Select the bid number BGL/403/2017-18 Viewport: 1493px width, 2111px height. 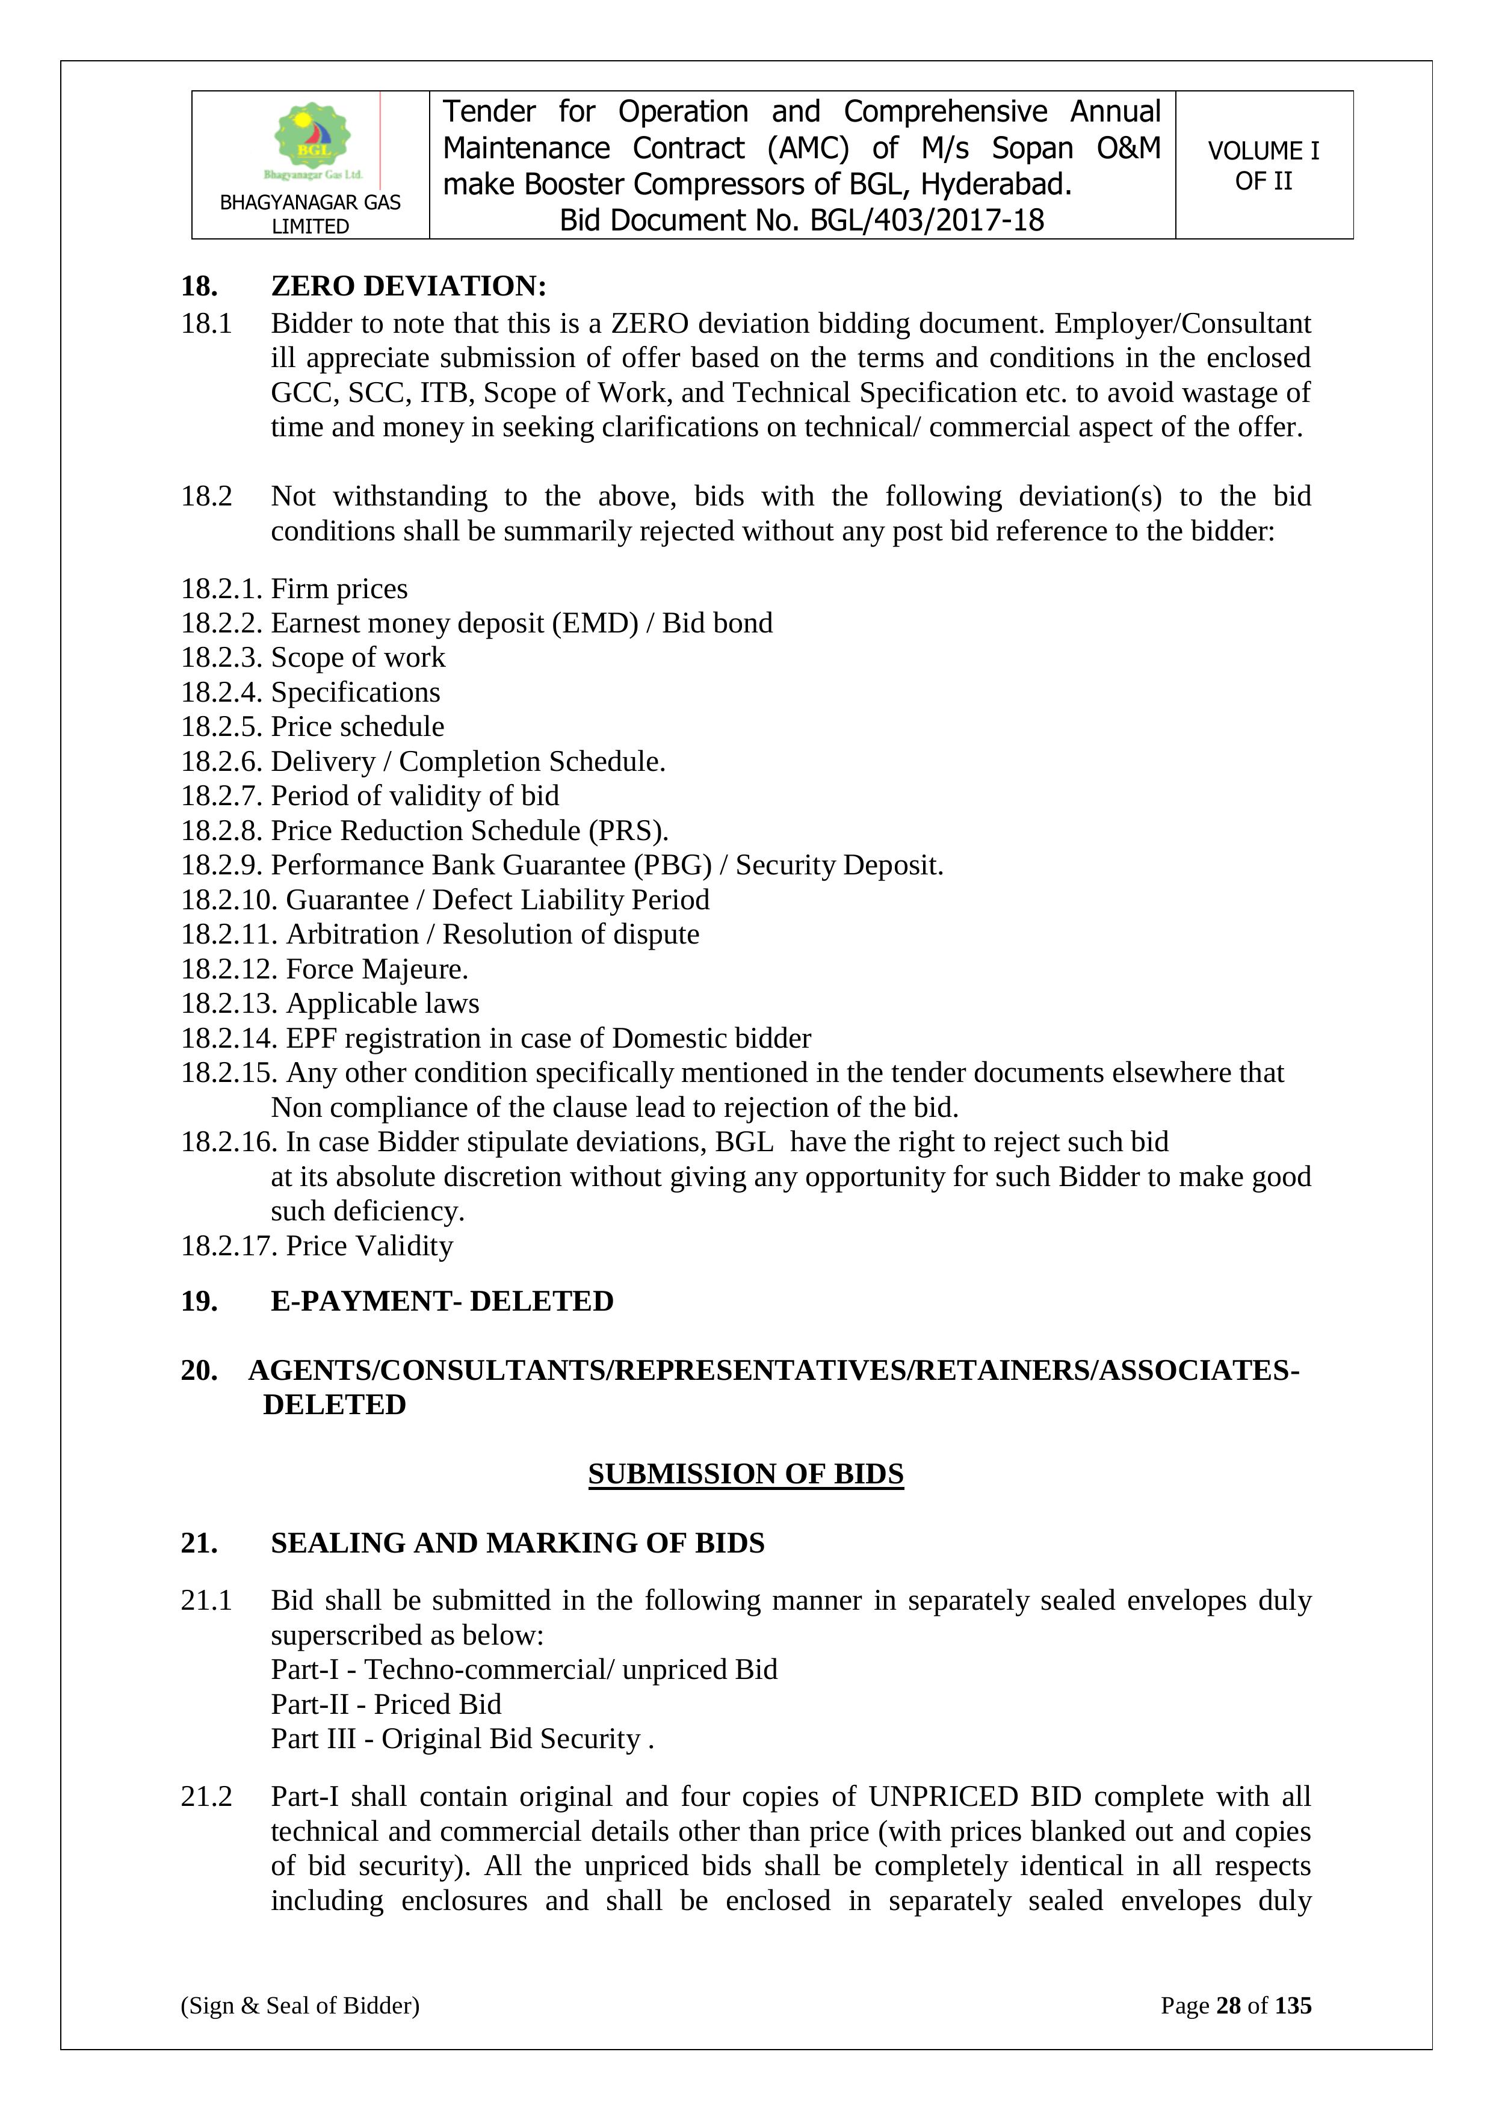(927, 221)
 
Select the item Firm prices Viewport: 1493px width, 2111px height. (339, 589)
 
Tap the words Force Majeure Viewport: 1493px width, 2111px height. (377, 969)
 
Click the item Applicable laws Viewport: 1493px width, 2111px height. (383, 1003)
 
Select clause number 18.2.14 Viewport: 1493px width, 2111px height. (229, 1038)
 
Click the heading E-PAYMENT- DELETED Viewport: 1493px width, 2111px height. (441, 1301)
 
